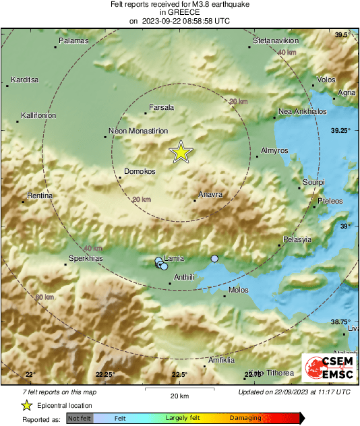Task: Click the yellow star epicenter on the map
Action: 181,153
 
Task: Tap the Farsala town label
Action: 161,107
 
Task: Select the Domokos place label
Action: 140,171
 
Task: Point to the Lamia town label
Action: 174,258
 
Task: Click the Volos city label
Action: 326,80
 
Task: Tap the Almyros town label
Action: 274,150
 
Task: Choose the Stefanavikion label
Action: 276,41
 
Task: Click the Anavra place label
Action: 210,194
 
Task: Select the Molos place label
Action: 239,290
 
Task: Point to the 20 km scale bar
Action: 179,389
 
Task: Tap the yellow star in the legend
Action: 26,405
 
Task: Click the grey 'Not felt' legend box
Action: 80,418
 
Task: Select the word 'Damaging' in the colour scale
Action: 246,418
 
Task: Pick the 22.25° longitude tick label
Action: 105,375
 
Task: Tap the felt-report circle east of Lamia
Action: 215,259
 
